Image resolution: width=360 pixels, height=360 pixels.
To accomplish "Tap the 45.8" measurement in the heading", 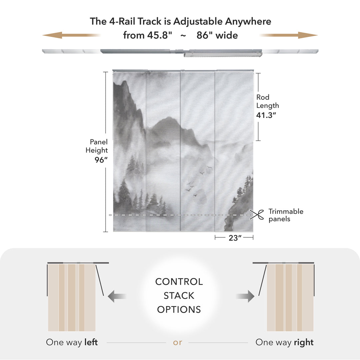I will pos(159,35).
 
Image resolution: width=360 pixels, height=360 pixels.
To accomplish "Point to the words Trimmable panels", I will pos(286,215).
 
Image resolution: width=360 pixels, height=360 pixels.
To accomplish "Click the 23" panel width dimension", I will pos(235,238).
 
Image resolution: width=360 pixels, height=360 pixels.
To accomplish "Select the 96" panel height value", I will pos(101,159).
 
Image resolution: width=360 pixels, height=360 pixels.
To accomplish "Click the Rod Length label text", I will pos(267,101).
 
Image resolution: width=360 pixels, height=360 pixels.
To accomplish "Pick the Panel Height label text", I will pos(97,146).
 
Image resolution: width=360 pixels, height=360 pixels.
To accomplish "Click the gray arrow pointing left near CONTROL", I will pos(117,296).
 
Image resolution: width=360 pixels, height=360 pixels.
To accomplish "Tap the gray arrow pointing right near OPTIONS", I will pos(245,296).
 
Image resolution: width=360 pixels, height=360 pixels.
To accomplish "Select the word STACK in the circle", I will pos(179,296).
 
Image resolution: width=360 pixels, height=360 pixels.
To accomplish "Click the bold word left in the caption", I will pos(91,342).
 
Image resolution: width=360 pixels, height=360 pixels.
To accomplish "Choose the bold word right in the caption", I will pos(304,342).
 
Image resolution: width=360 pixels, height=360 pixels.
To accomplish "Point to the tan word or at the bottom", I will pos(178,342).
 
